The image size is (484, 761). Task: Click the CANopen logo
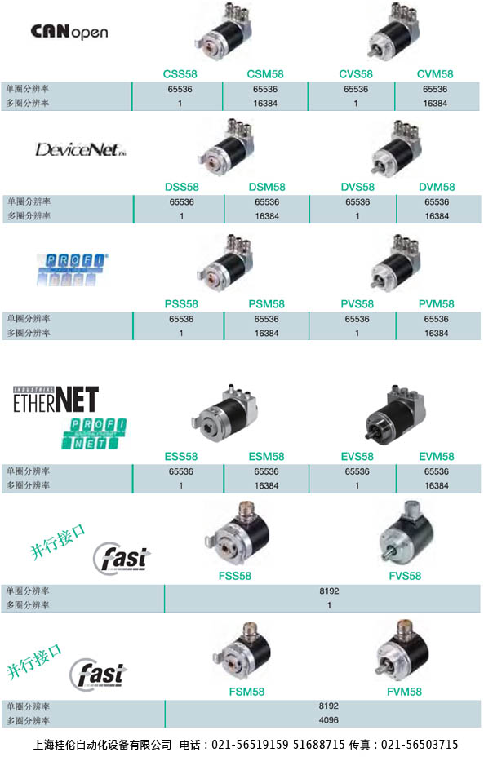click(69, 32)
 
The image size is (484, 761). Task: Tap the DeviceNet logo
click(81, 149)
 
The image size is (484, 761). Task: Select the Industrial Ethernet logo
click(56, 400)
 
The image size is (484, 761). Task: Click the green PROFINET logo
click(94, 433)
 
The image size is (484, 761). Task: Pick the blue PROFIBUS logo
click(72, 269)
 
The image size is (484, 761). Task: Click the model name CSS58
click(180, 74)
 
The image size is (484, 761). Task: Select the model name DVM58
click(437, 187)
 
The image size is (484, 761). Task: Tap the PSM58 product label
click(267, 304)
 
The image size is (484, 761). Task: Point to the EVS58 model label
click(357, 457)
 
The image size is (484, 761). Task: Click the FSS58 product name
click(235, 576)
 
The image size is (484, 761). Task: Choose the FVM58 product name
click(404, 692)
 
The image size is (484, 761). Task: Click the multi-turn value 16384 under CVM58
click(435, 104)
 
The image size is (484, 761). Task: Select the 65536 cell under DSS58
click(181, 202)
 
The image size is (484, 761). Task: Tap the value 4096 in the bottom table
click(329, 720)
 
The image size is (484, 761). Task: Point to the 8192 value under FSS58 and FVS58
click(329, 591)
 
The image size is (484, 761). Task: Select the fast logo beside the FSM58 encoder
click(98, 674)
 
